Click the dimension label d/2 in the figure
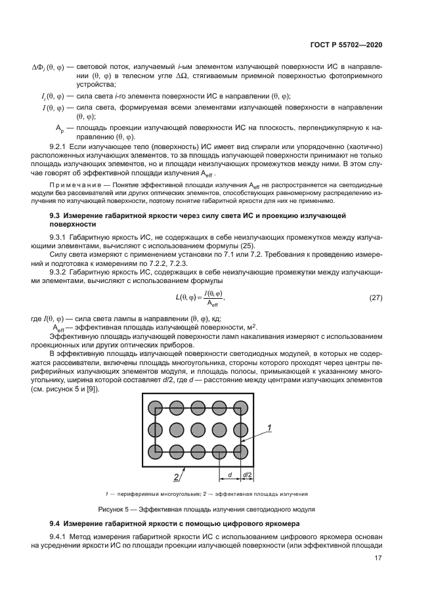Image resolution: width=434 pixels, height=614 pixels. click(x=248, y=474)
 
